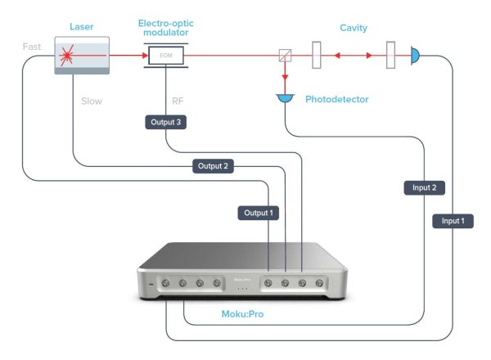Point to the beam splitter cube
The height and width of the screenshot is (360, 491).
pos(285,56)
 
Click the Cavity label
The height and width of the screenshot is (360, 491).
pos(354,28)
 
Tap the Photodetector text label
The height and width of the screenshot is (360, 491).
pos(336,100)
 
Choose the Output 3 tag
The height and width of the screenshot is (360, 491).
pos(165,122)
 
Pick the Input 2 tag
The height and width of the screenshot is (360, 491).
pos(425,187)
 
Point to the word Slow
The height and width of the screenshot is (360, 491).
pos(92,101)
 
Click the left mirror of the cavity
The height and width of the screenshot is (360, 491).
pos(317,56)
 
